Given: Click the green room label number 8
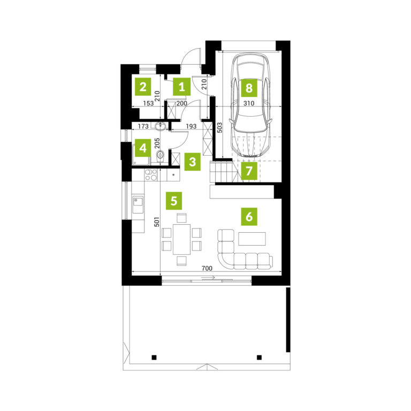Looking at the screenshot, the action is coord(249,88).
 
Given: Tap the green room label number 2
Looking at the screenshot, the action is coord(143,87).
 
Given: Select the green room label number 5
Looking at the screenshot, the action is coord(174,201).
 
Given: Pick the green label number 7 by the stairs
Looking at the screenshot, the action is coord(249,171).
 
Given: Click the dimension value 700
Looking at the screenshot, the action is coord(207,269).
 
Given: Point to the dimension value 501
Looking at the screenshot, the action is coord(156,222).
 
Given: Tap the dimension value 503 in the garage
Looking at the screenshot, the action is coord(219,127).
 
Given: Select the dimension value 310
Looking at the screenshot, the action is coord(249,103).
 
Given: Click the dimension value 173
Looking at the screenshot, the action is coord(143,126).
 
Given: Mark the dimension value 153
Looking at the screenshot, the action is coord(148,103).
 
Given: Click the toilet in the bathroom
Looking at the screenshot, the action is coord(160,156).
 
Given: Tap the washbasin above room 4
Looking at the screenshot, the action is coord(160,127).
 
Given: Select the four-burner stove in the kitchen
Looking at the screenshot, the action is coord(151,175).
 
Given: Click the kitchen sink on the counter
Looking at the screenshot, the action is coord(138,204).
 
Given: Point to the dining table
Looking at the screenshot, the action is coord(181,239).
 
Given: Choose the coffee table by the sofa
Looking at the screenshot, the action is coord(252,239).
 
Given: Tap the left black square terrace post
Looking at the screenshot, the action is coord(154,357).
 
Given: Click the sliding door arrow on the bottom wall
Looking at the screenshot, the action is coord(208,278).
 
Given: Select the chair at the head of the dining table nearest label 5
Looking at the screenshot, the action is coord(181,218).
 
